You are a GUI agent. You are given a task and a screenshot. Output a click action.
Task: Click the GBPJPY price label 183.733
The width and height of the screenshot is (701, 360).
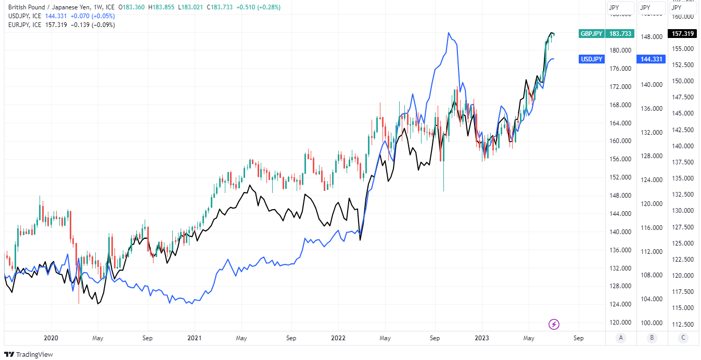coord(620,34)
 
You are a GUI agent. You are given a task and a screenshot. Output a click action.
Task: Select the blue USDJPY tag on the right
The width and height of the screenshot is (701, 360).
coord(592,59)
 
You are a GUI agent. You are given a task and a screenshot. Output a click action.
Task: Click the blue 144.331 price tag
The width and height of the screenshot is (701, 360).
coord(651,59)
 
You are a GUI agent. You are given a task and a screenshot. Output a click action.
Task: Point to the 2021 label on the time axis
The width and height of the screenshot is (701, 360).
coord(194,338)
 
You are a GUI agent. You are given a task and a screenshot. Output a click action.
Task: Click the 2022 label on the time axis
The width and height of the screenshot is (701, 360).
coord(338,338)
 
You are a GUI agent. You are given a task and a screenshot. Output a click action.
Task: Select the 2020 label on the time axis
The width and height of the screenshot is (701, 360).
coord(50,338)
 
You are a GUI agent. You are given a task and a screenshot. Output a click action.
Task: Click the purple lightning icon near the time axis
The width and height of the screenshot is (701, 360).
coord(554,325)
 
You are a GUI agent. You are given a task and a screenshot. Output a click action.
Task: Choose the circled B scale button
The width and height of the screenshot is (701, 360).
coord(652,338)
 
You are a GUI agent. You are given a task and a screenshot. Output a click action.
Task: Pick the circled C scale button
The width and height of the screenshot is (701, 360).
coord(683,338)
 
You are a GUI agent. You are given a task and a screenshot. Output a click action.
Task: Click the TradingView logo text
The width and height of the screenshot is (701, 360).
coord(34,354)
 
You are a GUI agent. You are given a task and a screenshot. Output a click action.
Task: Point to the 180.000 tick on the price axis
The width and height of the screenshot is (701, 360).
coord(620,50)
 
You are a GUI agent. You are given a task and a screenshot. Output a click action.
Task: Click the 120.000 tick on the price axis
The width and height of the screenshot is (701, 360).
coord(620,323)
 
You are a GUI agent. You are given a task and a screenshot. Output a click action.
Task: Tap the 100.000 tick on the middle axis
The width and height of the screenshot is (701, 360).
coord(651,323)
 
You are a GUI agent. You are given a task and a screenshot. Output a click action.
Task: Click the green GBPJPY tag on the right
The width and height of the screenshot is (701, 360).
coord(591,34)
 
